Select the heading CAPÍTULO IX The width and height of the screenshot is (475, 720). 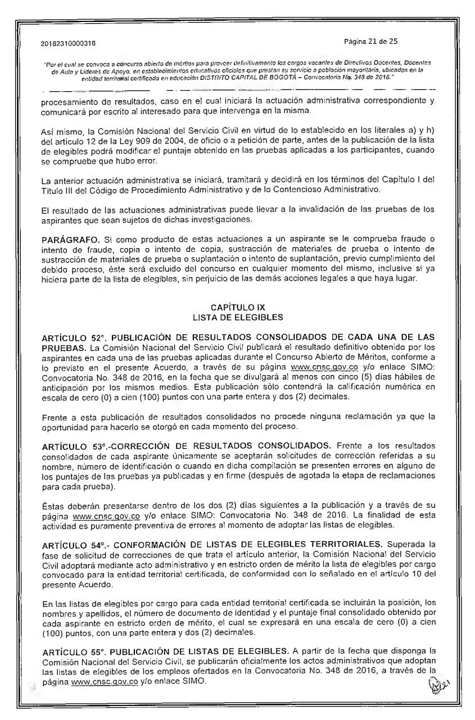pyautogui.click(x=237, y=308)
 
